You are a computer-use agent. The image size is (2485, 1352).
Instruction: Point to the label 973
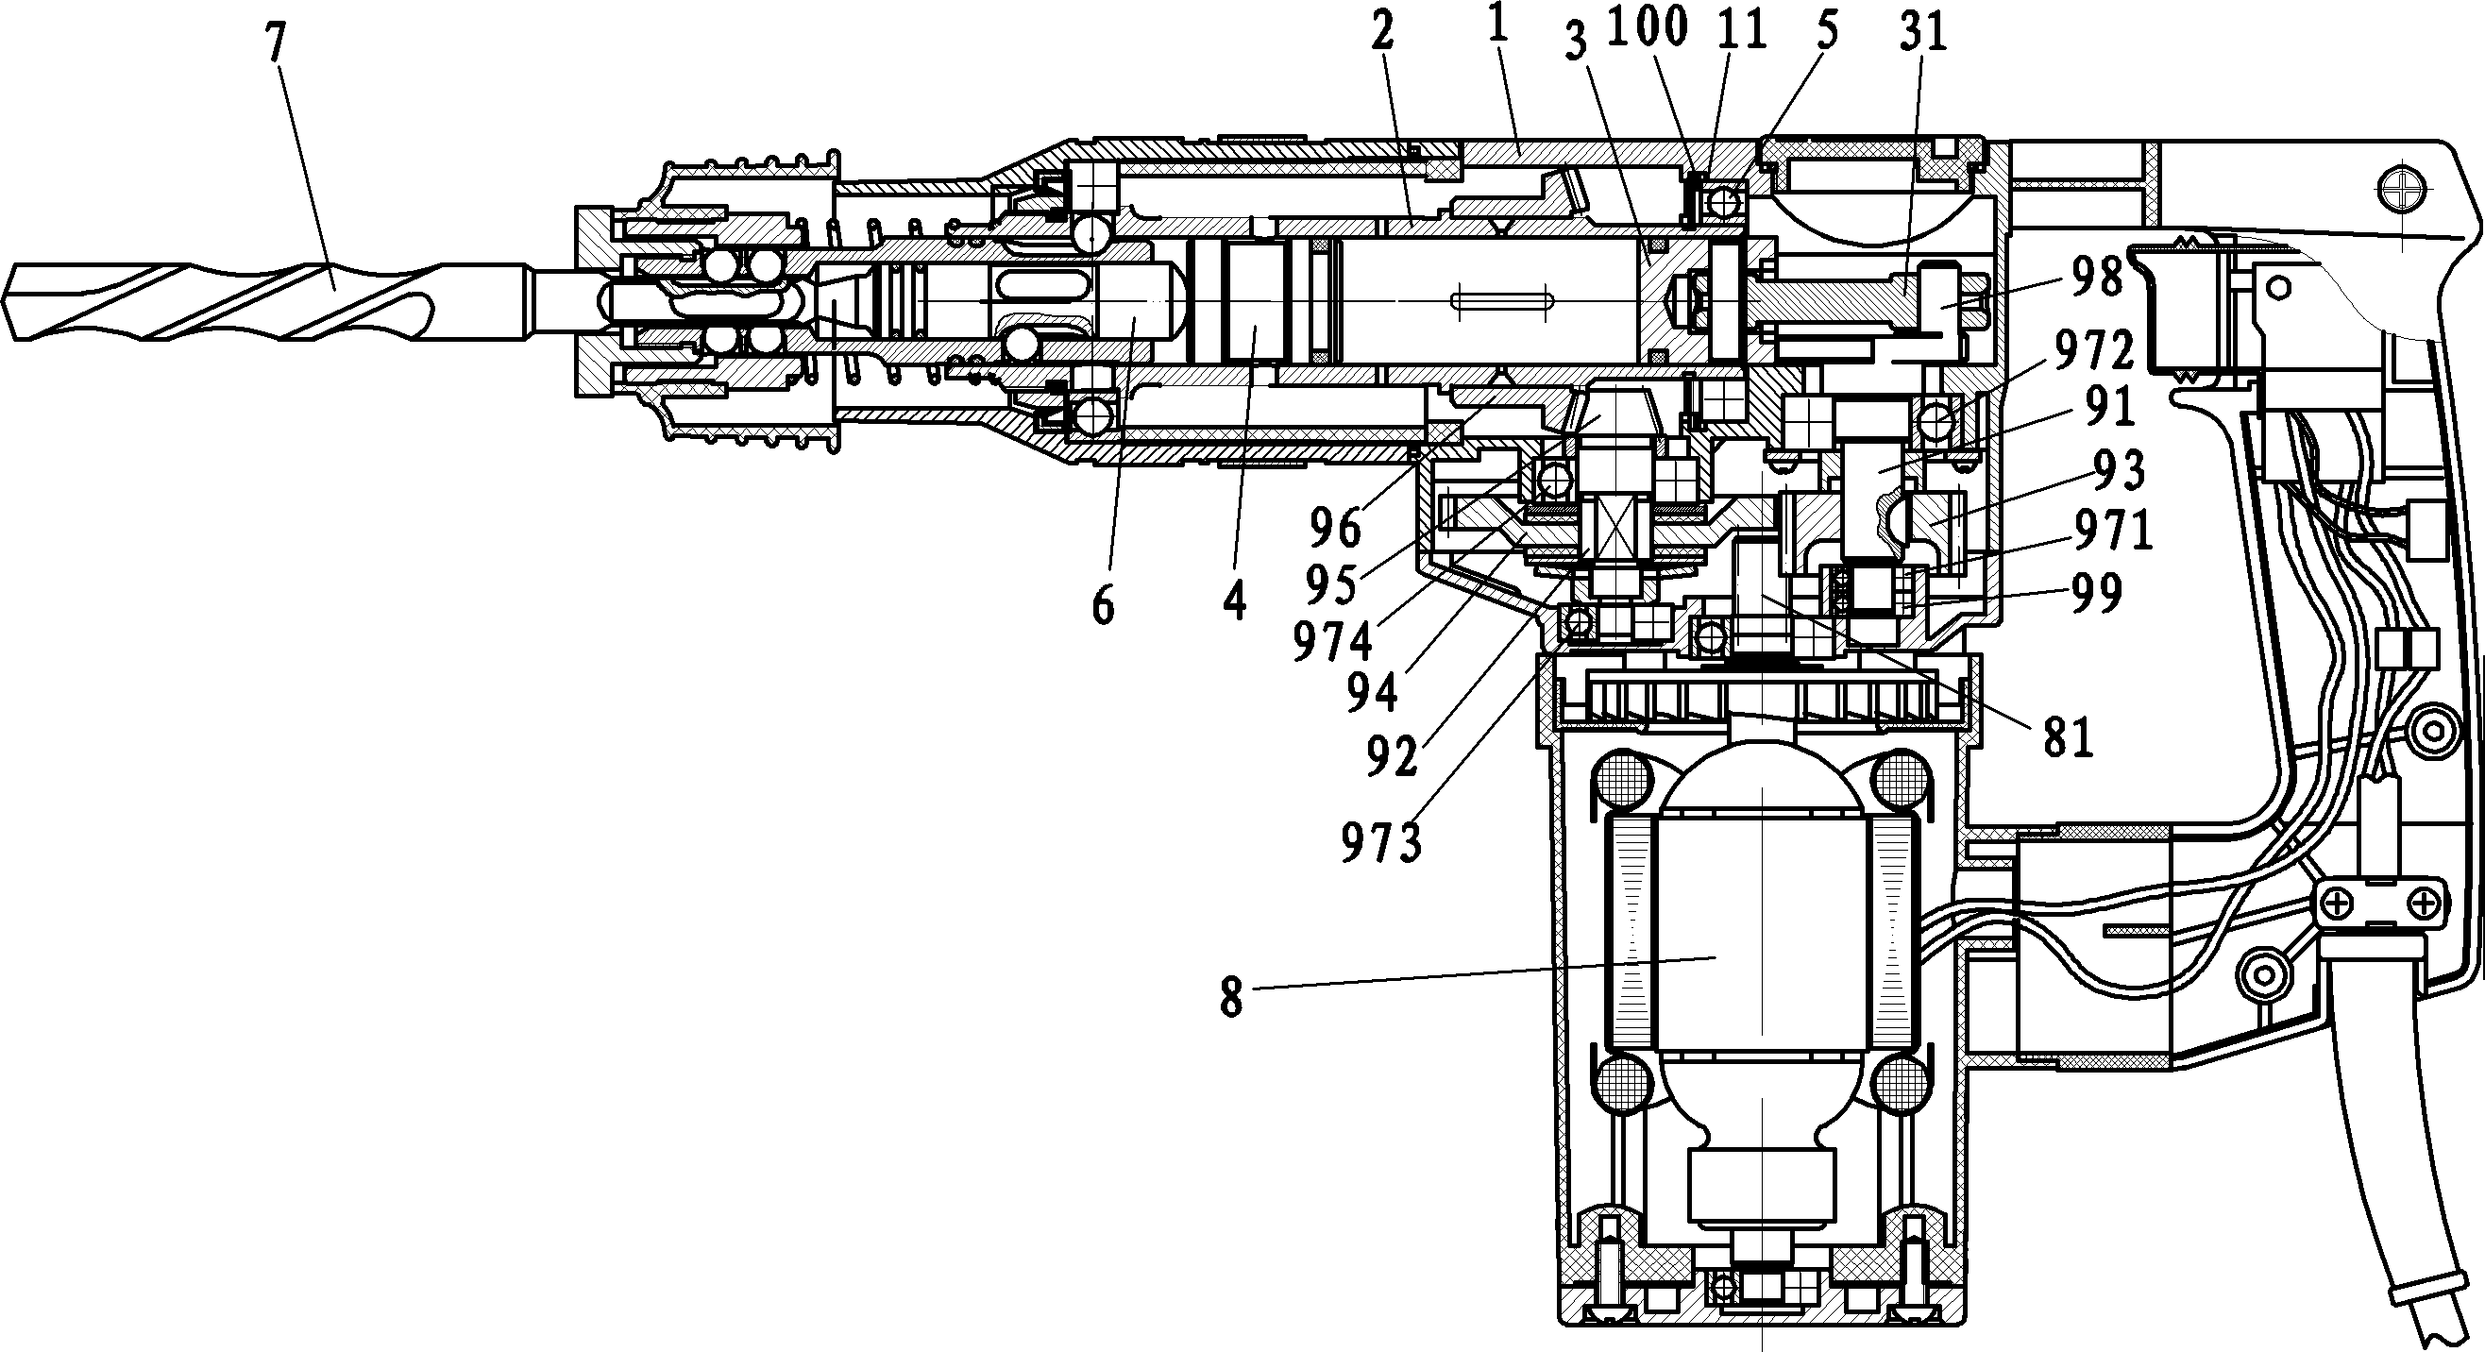[1381, 846]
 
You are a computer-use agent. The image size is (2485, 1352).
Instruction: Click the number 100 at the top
[1648, 29]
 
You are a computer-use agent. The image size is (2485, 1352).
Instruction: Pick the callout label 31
[1921, 34]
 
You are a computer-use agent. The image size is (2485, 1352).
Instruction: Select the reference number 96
[1335, 528]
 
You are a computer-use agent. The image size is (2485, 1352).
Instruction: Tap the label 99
[2094, 592]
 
